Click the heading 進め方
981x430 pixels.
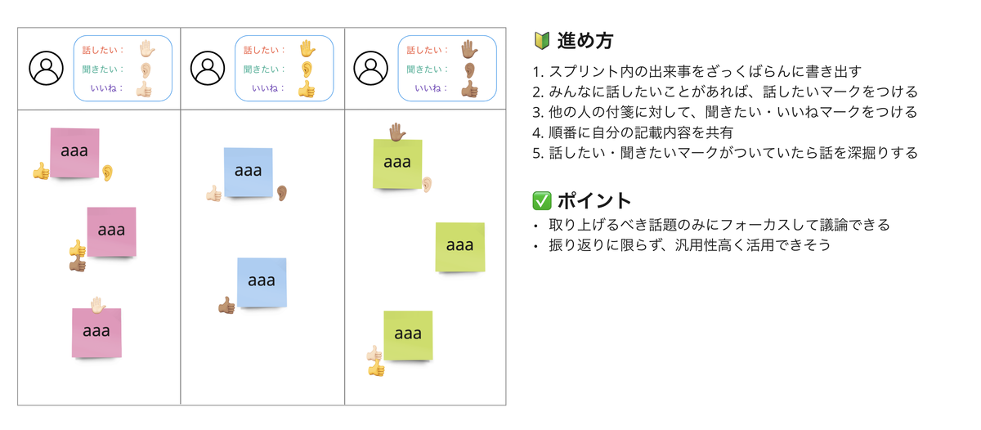585,40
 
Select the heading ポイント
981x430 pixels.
594,200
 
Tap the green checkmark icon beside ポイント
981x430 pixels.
541,200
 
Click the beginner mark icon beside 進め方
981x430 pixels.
541,40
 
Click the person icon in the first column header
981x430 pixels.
46,69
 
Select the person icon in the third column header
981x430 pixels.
371,69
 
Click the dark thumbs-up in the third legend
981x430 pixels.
469,89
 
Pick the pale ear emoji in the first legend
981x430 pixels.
146,69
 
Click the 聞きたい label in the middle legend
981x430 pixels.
261,69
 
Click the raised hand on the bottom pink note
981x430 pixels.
97,306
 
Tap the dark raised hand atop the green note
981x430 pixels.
396,132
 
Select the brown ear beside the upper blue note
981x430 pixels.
282,193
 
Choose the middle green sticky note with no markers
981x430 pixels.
459,246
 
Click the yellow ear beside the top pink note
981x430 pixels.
107,172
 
